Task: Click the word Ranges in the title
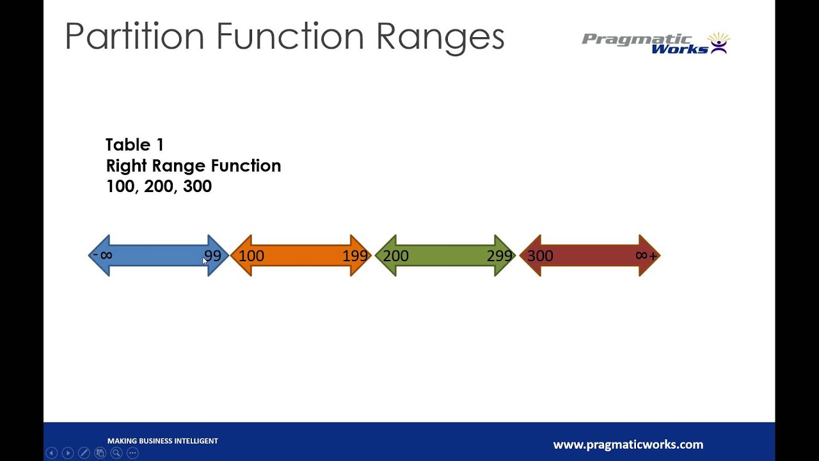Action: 440,36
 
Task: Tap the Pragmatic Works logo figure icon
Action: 719,43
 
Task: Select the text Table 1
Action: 135,145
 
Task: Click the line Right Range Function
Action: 193,166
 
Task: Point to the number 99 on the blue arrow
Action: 212,256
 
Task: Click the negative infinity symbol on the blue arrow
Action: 104,255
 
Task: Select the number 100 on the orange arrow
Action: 251,256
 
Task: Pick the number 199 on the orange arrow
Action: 355,256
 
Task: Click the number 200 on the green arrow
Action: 395,256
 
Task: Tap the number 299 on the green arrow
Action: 500,256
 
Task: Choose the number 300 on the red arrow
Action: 540,256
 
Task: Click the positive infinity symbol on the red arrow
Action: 646,255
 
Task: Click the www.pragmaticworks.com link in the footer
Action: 628,444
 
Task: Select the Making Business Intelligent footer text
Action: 163,441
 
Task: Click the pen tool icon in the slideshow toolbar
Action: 84,453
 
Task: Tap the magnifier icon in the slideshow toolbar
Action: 116,453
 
